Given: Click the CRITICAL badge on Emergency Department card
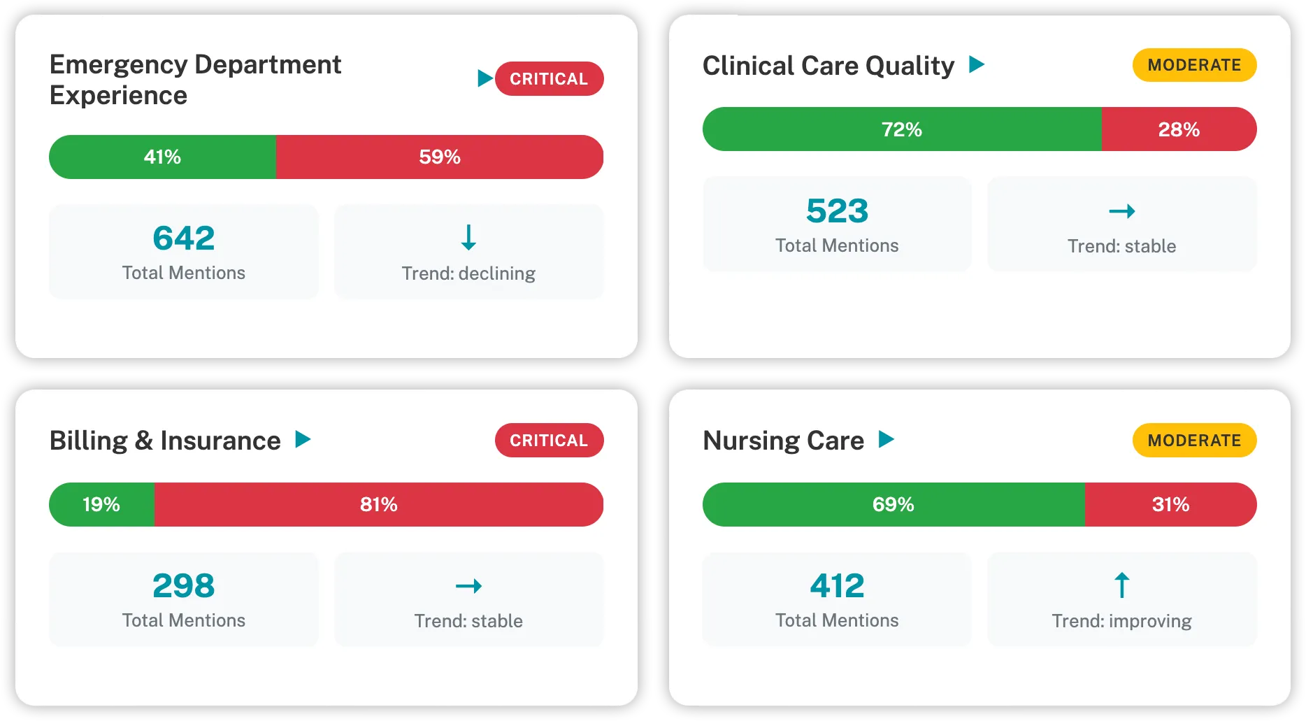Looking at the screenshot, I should click(x=549, y=79).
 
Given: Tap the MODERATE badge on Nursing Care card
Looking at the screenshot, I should click(x=1194, y=441).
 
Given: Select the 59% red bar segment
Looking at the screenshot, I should click(x=439, y=157).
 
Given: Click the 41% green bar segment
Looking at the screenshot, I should click(x=162, y=157).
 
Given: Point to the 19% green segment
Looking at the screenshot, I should click(x=101, y=504).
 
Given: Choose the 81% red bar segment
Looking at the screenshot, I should click(x=378, y=504).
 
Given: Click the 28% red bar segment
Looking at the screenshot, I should click(x=1179, y=129).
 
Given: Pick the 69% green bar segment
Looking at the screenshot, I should click(x=893, y=504).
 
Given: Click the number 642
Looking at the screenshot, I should click(x=184, y=238).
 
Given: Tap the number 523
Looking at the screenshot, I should click(x=837, y=211).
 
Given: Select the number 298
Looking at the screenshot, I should click(x=184, y=586).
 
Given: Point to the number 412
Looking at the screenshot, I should click(x=837, y=586).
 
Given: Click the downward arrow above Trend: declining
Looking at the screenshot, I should click(x=468, y=238).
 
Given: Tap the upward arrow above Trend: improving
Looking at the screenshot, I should click(x=1121, y=585).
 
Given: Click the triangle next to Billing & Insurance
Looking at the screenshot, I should click(x=303, y=439).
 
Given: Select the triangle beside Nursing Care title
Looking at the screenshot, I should click(x=886, y=439).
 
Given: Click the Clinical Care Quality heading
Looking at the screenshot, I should click(x=828, y=66).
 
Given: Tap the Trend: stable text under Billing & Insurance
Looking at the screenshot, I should click(x=468, y=621).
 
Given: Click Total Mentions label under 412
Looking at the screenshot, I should click(x=837, y=620).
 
